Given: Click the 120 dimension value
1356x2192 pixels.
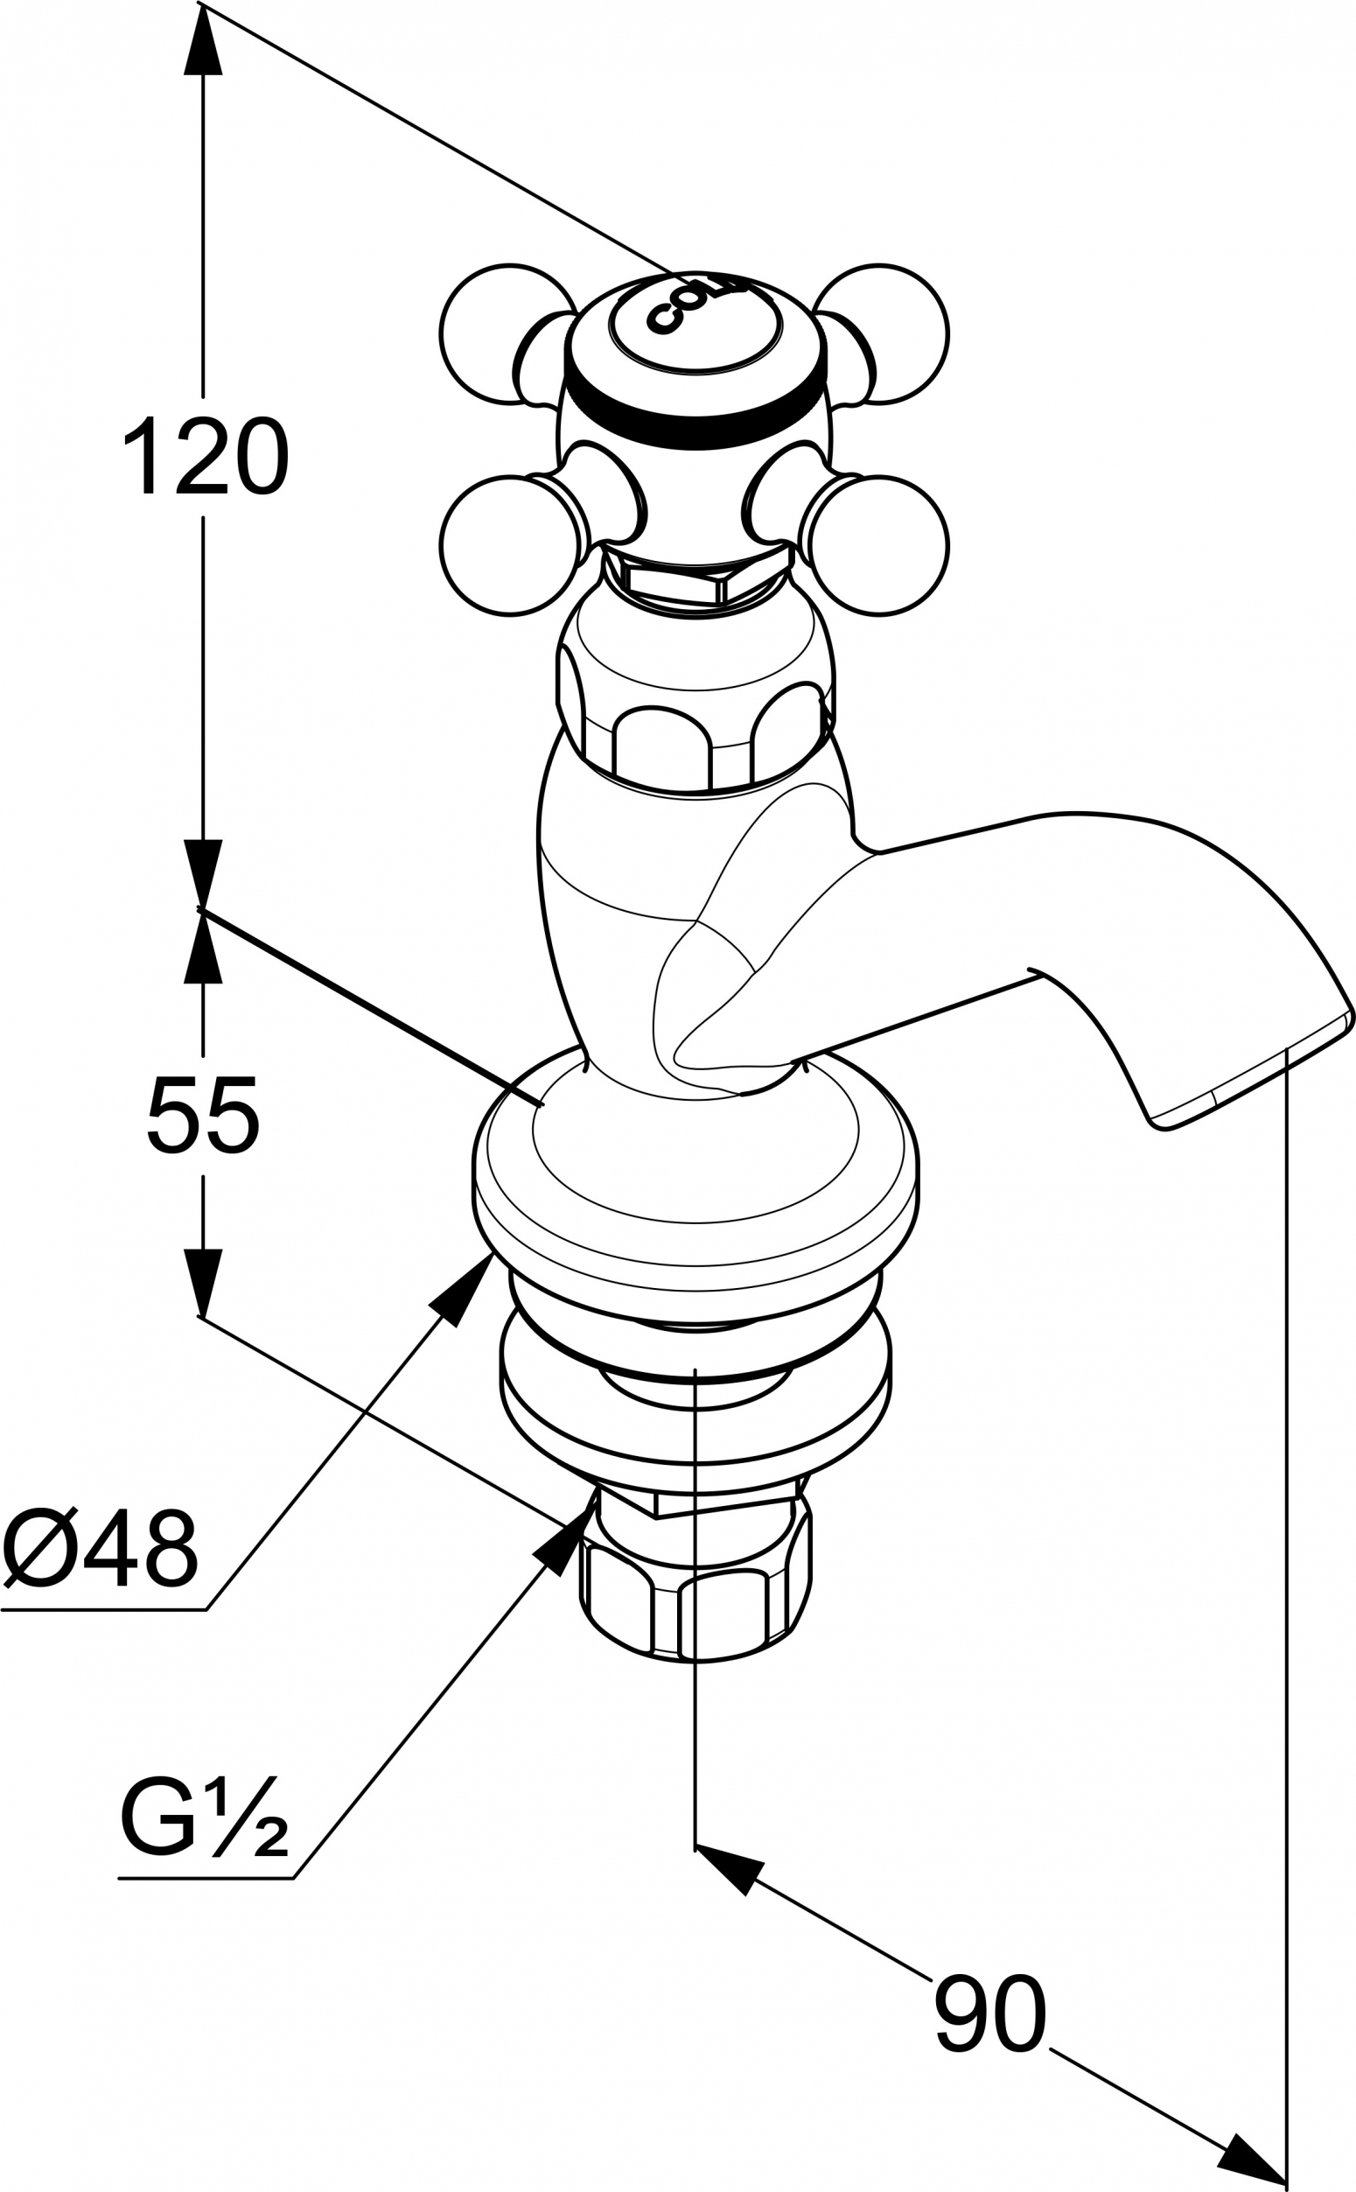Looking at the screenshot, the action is [x=206, y=457].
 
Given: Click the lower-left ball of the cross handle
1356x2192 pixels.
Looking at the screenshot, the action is [x=507, y=546].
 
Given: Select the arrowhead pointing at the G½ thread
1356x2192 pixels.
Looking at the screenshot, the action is [x=565, y=1542].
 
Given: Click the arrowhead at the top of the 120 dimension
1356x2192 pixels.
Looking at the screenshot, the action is [x=205, y=39].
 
